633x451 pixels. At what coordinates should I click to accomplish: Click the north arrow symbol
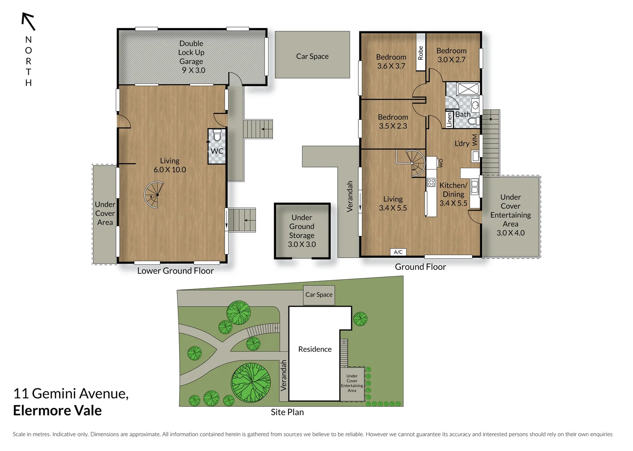point(28,21)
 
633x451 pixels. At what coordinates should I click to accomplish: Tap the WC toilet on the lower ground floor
point(217,136)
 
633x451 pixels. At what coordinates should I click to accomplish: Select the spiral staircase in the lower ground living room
point(154,195)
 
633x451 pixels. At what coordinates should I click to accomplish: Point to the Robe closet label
point(420,53)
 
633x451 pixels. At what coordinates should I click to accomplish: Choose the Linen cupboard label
point(449,119)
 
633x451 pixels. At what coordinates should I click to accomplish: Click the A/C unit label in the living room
point(398,252)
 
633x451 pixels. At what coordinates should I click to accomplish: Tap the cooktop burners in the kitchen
point(431,182)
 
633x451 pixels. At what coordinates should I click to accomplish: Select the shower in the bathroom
point(468,89)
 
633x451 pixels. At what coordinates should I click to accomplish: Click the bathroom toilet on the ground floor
point(473,121)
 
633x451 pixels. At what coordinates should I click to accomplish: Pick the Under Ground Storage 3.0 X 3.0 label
point(302,231)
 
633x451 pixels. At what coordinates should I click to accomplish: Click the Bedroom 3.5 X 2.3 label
point(393,122)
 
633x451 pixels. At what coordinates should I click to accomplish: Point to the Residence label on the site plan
point(315,349)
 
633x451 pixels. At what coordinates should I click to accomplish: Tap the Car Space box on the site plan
point(319,295)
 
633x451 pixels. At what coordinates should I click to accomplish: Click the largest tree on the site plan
point(251,382)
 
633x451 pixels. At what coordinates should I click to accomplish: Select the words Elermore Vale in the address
point(57,410)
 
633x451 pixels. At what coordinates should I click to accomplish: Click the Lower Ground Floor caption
point(175,271)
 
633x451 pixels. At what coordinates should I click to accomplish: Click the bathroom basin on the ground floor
point(475,104)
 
